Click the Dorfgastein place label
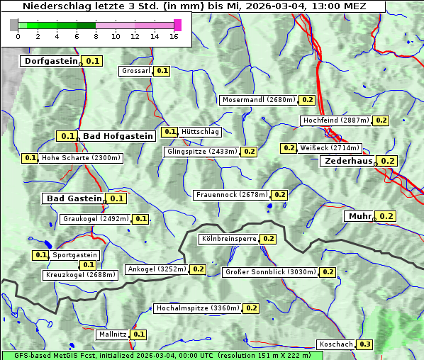click(50, 61)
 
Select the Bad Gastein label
click(74, 198)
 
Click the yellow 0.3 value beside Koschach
click(364, 344)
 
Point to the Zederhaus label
click(348, 162)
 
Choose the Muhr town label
click(359, 216)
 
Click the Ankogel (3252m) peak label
click(156, 269)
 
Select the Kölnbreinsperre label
click(228, 240)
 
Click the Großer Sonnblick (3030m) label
click(270, 272)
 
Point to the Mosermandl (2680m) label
click(258, 100)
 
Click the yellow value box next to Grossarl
click(162, 71)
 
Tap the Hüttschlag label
click(201, 132)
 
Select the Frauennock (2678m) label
click(232, 195)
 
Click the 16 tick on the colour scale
click(174, 36)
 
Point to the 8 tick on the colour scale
click(96, 36)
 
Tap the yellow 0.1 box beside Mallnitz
click(138, 334)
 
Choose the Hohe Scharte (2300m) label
click(81, 158)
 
